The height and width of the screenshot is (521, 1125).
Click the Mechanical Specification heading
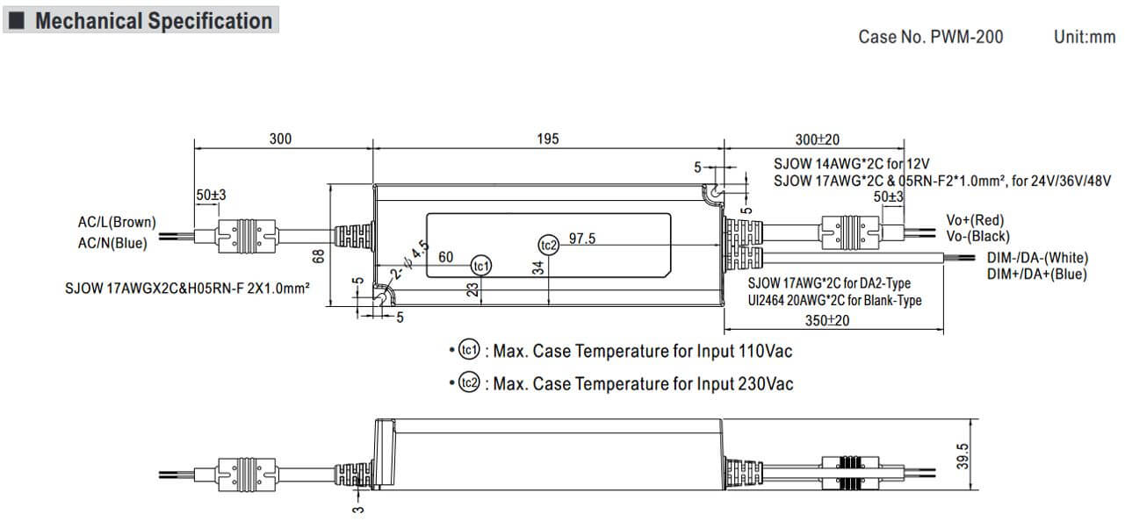(153, 21)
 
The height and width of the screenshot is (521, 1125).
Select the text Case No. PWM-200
(930, 37)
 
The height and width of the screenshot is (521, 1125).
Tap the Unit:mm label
(1084, 37)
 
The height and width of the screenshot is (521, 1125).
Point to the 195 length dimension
(547, 139)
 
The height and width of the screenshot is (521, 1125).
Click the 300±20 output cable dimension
(817, 139)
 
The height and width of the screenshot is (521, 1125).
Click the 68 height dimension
(319, 254)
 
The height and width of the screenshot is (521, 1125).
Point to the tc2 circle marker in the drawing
(549, 245)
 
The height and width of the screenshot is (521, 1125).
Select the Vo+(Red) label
(975, 219)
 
